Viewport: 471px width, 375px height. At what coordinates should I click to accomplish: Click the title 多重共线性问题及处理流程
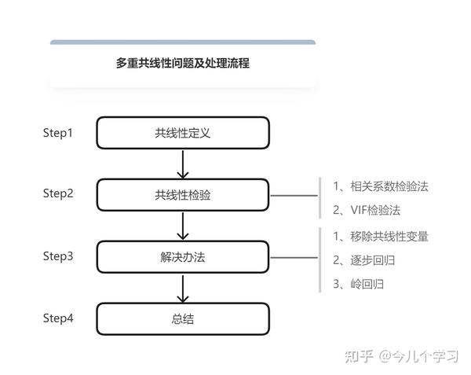pyautogui.click(x=183, y=63)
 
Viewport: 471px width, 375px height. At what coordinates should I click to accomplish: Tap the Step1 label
pyautogui.click(x=57, y=133)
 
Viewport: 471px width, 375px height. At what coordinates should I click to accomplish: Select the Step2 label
pyautogui.click(x=58, y=193)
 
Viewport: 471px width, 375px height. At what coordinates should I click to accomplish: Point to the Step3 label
pyautogui.click(x=58, y=256)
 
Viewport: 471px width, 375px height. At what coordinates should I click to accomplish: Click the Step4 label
pyautogui.click(x=58, y=318)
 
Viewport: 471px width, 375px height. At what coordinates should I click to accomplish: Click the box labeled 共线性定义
pyautogui.click(x=183, y=133)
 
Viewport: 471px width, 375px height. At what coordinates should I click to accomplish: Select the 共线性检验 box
pyautogui.click(x=183, y=195)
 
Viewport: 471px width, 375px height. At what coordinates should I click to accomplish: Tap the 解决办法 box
pyautogui.click(x=183, y=257)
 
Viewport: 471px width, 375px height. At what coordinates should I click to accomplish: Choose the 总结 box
pyautogui.click(x=183, y=319)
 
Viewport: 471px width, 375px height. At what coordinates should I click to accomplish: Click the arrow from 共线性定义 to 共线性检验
pyautogui.click(x=183, y=164)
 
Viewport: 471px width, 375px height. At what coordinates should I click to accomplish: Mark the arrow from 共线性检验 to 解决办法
pyautogui.click(x=183, y=226)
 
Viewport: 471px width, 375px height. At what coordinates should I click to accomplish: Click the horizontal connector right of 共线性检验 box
pyautogui.click(x=294, y=196)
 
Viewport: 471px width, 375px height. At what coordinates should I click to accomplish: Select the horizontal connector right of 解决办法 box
pyautogui.click(x=294, y=258)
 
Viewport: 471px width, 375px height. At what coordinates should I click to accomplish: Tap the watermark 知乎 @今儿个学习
pyautogui.click(x=402, y=357)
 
